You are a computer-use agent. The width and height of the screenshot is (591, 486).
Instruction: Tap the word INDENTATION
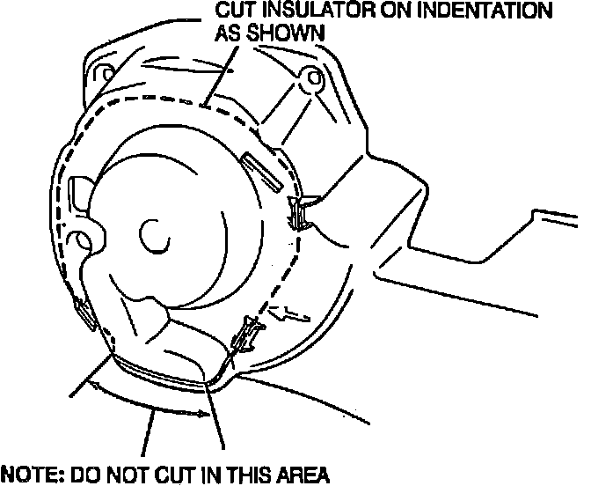pyautogui.click(x=476, y=11)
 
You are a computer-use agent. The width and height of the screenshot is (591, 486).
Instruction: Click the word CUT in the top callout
pyautogui.click(x=236, y=11)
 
